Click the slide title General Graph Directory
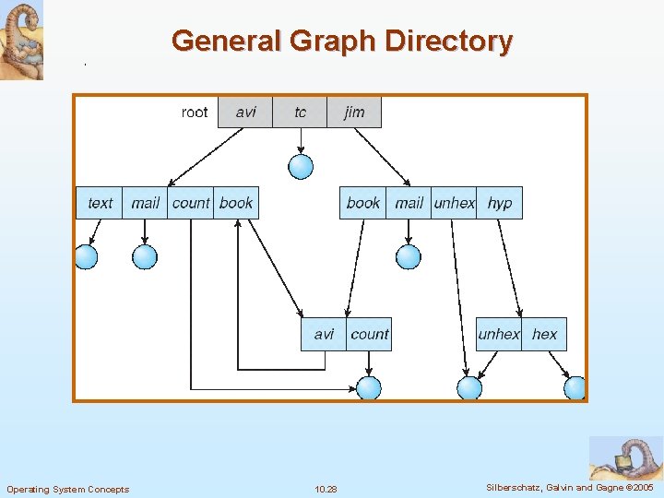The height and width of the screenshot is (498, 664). [x=341, y=41]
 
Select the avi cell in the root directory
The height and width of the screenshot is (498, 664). [x=245, y=113]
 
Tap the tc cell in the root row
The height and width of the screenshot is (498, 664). [x=300, y=113]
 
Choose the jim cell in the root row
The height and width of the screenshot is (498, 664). [x=354, y=113]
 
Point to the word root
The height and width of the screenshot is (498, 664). [x=195, y=113]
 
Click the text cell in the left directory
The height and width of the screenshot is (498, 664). [x=100, y=203]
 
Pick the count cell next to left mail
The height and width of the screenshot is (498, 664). [x=191, y=203]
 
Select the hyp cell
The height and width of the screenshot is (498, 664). [x=500, y=203]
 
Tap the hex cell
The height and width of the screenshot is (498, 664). [x=544, y=334]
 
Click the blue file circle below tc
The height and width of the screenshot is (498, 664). [x=301, y=166]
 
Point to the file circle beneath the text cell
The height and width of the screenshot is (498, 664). [x=86, y=256]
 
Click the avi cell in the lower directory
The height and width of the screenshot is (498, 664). [x=324, y=334]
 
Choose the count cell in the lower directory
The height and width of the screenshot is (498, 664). [x=370, y=334]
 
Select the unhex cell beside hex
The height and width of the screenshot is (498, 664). [x=499, y=334]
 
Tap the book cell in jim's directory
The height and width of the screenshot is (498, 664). [x=362, y=203]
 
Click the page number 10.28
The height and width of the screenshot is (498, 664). [x=326, y=489]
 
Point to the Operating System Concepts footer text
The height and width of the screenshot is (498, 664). [x=68, y=489]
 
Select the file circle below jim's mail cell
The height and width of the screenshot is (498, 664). [x=409, y=256]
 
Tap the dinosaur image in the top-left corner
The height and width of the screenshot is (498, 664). [x=21, y=40]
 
